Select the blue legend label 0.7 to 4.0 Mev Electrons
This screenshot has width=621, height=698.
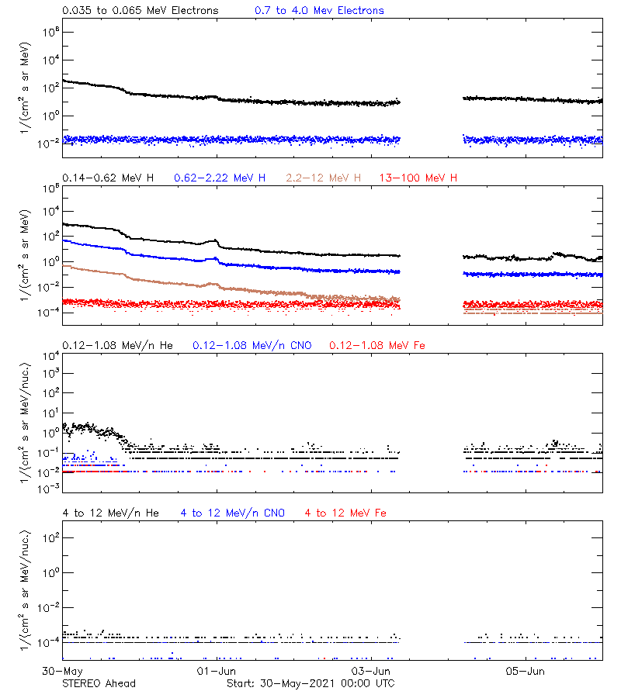click(319, 11)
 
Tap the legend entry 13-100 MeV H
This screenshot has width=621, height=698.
click(418, 178)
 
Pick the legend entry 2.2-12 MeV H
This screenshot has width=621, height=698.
click(323, 178)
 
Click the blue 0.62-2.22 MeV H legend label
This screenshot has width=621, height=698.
click(220, 178)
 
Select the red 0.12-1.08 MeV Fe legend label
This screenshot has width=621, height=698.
click(380, 345)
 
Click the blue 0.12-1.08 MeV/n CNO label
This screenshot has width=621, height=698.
click(252, 345)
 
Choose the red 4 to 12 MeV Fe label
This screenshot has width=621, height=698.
click(345, 513)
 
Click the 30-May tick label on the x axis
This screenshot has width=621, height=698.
click(63, 670)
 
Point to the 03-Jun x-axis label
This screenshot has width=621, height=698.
click(370, 670)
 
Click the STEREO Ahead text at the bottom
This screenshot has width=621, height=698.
click(99, 683)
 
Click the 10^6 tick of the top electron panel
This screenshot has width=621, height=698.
click(45, 32)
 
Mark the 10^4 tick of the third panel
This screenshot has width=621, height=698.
click(45, 355)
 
